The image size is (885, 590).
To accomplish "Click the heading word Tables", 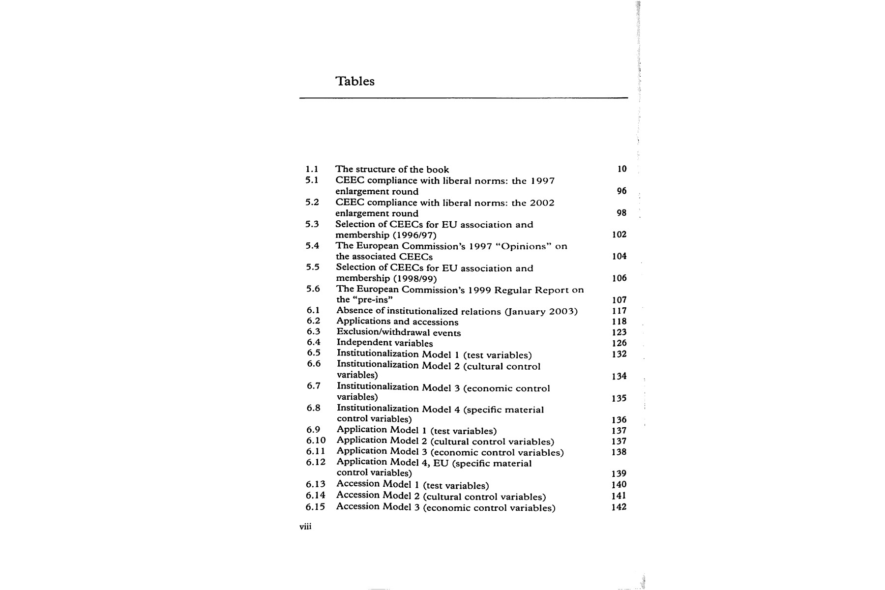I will [x=354, y=81].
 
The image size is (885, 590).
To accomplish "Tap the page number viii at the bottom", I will [x=305, y=527].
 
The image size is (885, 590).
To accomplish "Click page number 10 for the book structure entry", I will [x=622, y=169].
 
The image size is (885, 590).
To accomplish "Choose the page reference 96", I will [x=622, y=191].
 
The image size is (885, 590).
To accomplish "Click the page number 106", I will [x=619, y=278].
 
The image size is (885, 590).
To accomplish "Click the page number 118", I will [x=619, y=322].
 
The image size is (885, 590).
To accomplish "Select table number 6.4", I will [x=314, y=343].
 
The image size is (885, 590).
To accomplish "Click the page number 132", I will [x=619, y=354].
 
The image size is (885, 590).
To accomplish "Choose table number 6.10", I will [x=316, y=441].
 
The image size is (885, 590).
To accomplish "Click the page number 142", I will [x=619, y=507].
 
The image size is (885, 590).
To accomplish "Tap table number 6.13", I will [x=316, y=484].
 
